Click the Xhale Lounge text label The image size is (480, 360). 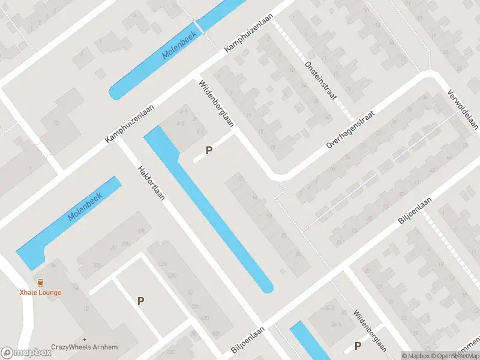(41, 292)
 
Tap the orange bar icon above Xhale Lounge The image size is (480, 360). (40, 283)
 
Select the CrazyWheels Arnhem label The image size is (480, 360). (84, 347)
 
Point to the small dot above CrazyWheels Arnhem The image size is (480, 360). (85, 339)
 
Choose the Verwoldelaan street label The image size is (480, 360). (463, 109)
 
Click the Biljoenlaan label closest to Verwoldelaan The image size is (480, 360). (415, 212)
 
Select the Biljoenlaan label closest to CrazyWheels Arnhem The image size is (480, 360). (248, 340)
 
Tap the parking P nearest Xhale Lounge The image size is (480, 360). (141, 301)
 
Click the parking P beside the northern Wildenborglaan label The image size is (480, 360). (209, 151)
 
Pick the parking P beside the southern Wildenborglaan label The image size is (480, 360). (358, 346)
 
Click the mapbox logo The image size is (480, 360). (25, 353)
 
